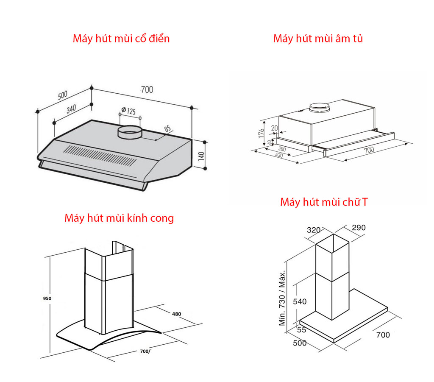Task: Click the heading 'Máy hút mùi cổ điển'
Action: pos(121,39)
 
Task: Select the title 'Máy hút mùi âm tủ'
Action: pos(318,39)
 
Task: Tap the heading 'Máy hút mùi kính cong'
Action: pos(119,218)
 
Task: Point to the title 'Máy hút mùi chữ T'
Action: pos(324,202)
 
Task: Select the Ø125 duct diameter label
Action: pos(128,112)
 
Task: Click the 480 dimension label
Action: pos(176,314)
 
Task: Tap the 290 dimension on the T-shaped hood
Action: pos(358,228)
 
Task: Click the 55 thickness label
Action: pos(301,330)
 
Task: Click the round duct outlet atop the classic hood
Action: pos(129,133)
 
